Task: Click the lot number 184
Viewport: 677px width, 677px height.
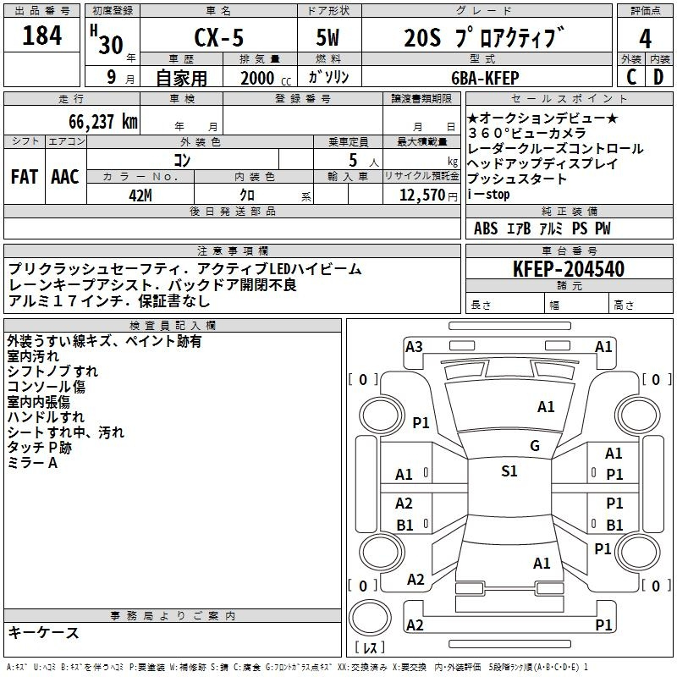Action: (x=42, y=37)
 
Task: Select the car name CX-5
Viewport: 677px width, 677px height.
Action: (x=217, y=39)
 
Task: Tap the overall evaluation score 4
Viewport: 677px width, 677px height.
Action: (x=645, y=39)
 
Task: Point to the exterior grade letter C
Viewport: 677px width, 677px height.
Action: (x=630, y=77)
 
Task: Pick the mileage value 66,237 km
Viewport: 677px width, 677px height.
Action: (x=95, y=121)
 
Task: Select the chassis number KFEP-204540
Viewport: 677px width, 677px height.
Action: (x=569, y=269)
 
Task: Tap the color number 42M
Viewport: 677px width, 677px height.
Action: (x=140, y=194)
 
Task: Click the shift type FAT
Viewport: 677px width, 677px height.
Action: (x=25, y=176)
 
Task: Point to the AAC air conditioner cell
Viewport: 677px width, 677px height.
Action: (x=65, y=176)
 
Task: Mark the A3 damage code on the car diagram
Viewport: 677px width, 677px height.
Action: (x=414, y=346)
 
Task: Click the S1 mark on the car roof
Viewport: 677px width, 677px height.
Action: (x=509, y=471)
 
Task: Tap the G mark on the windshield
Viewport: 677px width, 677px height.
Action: (x=535, y=446)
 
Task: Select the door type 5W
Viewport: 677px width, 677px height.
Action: (x=330, y=39)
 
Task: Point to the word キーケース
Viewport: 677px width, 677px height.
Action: (x=44, y=632)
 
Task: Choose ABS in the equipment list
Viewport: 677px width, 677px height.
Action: (x=486, y=228)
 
